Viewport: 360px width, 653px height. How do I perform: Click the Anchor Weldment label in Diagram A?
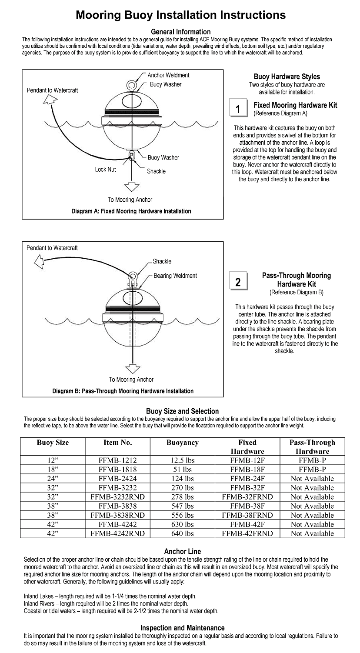(x=168, y=75)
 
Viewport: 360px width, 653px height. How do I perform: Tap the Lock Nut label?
(x=105, y=170)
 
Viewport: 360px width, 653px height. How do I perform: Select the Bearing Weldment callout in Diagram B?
(x=175, y=276)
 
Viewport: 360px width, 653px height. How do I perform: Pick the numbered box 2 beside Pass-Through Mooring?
(x=238, y=282)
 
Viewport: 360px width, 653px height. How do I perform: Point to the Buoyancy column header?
(x=182, y=443)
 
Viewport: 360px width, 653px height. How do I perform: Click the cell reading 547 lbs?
(x=182, y=506)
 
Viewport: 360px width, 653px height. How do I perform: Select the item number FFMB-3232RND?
(x=117, y=497)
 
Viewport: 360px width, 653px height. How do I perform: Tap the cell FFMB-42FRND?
(x=247, y=533)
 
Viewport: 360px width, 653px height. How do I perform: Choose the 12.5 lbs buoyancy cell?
(x=182, y=460)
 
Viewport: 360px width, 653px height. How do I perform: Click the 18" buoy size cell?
(x=53, y=470)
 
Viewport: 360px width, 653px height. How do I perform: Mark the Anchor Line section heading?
(x=182, y=552)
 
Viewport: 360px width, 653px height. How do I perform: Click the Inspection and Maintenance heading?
(x=182, y=628)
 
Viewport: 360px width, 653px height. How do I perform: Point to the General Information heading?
(x=180, y=32)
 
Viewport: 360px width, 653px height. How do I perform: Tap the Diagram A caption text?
(x=131, y=211)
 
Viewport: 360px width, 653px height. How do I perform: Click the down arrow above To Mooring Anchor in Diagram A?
(x=130, y=187)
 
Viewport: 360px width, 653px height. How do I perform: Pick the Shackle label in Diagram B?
(x=162, y=261)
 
